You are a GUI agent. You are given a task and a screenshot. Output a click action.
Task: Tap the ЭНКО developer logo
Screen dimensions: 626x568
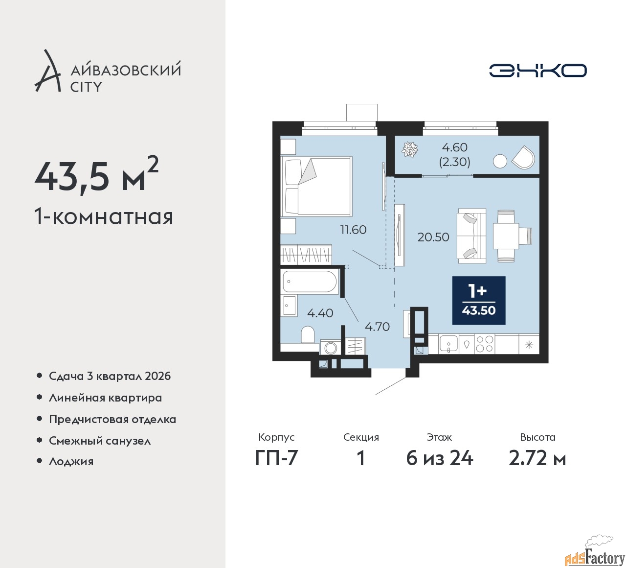[x=537, y=71]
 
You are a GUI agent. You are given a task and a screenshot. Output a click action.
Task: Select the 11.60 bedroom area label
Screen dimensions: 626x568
[x=353, y=230]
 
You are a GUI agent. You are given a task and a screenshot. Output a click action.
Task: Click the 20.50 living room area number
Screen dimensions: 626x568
[x=433, y=237]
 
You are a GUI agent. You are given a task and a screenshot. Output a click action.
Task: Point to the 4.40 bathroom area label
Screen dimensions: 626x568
[x=320, y=313]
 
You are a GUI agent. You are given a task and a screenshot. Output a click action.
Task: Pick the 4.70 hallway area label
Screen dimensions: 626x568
[x=377, y=327]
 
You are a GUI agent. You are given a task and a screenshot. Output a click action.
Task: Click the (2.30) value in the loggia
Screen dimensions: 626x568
[x=454, y=162]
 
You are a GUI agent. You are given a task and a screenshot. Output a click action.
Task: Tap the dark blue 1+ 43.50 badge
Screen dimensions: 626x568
[x=479, y=301]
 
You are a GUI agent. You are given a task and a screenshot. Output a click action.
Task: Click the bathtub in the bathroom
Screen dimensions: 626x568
[x=310, y=282]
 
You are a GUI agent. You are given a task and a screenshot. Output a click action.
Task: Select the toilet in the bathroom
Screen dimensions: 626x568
[x=308, y=335]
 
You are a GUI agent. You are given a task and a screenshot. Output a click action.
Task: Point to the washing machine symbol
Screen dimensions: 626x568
[x=331, y=348]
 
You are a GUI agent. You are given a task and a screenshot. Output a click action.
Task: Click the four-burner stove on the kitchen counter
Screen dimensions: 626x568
[x=485, y=344]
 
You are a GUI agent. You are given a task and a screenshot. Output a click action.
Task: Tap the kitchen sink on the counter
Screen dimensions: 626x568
[x=449, y=344]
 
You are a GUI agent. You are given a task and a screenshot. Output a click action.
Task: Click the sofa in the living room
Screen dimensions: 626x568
[x=471, y=236]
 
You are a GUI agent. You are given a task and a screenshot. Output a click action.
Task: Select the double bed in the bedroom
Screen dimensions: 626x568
[x=316, y=187]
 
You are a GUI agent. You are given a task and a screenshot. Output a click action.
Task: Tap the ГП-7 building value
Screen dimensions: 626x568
[x=276, y=459]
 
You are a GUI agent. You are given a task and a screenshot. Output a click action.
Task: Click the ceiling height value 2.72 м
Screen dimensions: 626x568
[x=537, y=459]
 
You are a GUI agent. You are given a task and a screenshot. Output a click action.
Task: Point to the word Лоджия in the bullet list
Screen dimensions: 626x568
[x=71, y=461]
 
